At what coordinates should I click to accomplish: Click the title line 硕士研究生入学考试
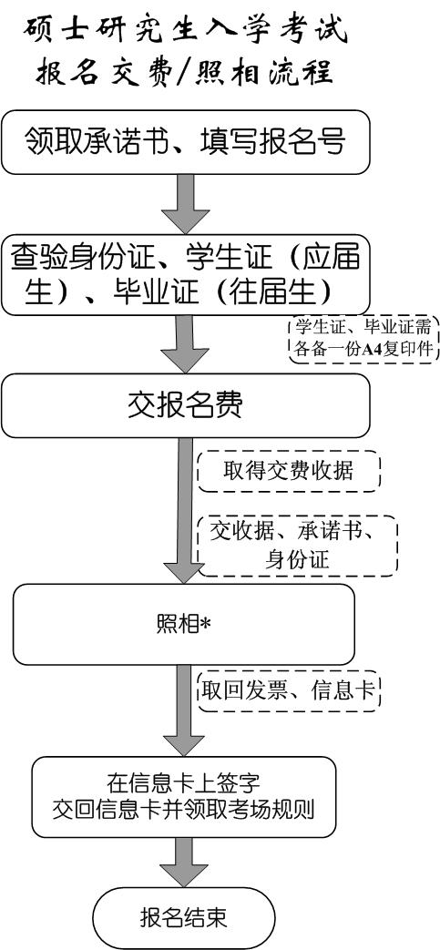tap(187, 30)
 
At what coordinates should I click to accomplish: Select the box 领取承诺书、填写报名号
tap(186, 142)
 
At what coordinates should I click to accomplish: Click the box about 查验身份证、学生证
tap(186, 275)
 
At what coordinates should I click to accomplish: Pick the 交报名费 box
tap(186, 406)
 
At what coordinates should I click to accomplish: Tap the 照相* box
tap(184, 624)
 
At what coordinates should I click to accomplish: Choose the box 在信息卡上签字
tap(184, 797)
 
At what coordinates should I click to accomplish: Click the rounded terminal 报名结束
tap(184, 917)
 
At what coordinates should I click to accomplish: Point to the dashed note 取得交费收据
tap(289, 471)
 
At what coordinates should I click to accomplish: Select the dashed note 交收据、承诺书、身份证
tap(298, 546)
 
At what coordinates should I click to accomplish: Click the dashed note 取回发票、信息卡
tap(289, 690)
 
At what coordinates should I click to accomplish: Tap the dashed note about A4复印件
tap(363, 339)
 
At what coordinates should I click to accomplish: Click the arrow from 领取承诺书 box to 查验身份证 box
tap(186, 205)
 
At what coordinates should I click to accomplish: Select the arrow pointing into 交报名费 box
tap(186, 344)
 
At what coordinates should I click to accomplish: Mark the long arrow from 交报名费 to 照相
tap(186, 511)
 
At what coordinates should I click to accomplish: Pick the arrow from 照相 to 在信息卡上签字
tap(186, 710)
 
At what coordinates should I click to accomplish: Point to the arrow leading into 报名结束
tap(186, 863)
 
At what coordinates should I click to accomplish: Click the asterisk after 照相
tap(205, 624)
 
